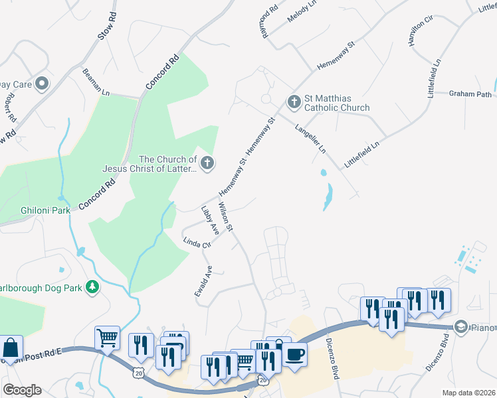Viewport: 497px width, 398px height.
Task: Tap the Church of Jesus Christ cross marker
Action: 207,163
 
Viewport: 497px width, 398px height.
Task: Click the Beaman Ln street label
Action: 96,83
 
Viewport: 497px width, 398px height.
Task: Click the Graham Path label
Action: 470,94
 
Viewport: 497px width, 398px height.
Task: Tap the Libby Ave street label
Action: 210,221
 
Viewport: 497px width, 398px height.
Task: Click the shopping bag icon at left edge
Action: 11,348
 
